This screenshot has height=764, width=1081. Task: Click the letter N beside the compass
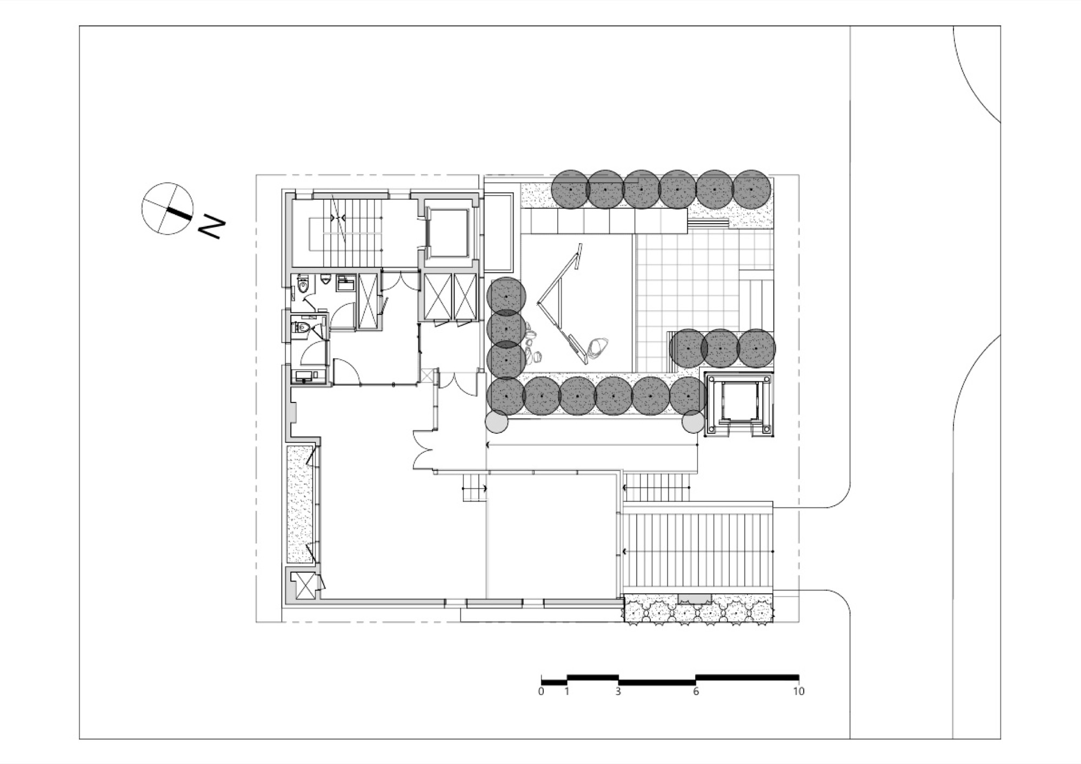(211, 227)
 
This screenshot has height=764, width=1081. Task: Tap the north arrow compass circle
(168, 209)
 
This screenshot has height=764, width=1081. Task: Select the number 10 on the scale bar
(798, 691)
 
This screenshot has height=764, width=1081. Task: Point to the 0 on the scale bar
(541, 691)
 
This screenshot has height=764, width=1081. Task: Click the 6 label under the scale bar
(696, 691)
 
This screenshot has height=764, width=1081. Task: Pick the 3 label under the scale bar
(618, 691)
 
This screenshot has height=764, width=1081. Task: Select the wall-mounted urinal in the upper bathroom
(325, 279)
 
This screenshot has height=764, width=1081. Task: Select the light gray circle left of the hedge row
(497, 421)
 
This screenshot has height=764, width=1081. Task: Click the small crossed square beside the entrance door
(428, 376)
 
